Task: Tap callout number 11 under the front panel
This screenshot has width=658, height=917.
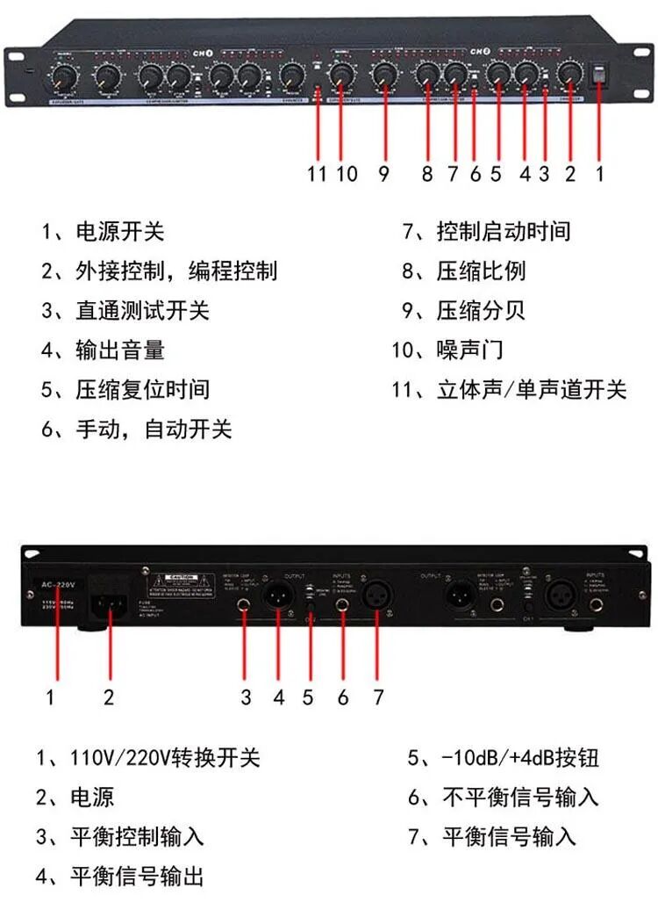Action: click(x=317, y=173)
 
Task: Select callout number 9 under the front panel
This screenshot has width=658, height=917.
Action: click(x=383, y=173)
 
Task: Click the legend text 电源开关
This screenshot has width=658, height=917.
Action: click(x=120, y=232)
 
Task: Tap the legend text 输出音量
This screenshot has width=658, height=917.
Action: click(x=120, y=351)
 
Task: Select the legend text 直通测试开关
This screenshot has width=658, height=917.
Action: click(x=142, y=311)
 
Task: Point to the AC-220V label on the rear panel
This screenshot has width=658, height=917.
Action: click(x=57, y=582)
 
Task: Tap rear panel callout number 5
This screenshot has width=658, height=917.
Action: click(x=308, y=697)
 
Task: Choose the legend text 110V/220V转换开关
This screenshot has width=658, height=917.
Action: click(x=165, y=757)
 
